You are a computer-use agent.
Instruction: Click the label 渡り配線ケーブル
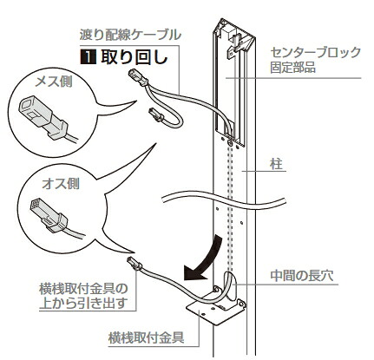pos(130,36)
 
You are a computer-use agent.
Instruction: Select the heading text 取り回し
pos(135,57)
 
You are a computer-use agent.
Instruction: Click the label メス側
pos(54,82)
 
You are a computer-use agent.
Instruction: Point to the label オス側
pos(61,184)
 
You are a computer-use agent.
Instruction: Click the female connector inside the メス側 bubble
pos(43,118)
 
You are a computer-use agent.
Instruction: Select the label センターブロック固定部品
pos(315,60)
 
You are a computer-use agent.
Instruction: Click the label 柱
pos(276,165)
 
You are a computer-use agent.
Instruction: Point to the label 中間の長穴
pos(302,276)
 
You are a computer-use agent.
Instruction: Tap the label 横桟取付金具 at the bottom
pos(146,337)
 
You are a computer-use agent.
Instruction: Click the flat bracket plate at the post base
pos(215,311)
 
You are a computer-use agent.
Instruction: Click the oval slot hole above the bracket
pos(230,286)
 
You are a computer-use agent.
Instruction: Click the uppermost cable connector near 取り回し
pos(137,76)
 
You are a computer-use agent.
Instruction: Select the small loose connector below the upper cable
pos(156,115)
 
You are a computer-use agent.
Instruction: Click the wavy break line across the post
pos(224,200)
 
